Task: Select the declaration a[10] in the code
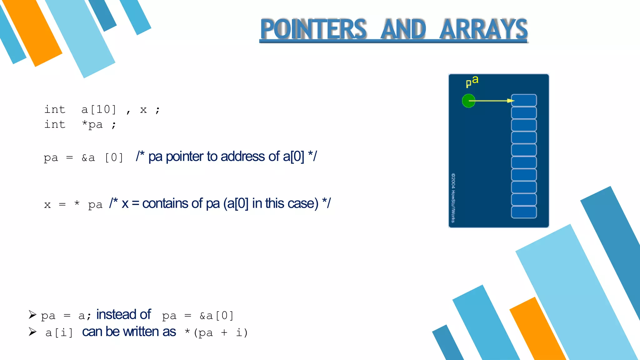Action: [x=99, y=110]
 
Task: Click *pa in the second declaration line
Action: [x=92, y=125]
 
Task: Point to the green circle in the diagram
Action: [x=468, y=101]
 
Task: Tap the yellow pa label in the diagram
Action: [x=472, y=81]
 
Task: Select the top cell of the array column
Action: [x=524, y=100]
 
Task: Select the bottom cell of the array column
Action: [x=524, y=212]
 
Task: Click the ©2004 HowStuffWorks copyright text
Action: [x=453, y=197]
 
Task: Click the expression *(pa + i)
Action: [x=216, y=332]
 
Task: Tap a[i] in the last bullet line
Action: [x=59, y=332]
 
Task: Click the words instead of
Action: [x=123, y=314]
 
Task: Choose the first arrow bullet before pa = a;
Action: [x=32, y=314]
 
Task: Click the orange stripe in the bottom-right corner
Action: [x=537, y=331]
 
